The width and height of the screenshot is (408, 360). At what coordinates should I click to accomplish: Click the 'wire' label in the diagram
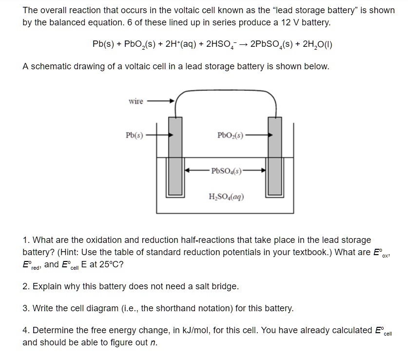tap(136, 101)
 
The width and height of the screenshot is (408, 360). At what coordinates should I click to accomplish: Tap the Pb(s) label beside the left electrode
tap(134, 135)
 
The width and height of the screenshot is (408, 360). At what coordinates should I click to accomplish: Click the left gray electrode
tap(175, 156)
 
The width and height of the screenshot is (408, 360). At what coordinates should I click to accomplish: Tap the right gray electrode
tap(274, 156)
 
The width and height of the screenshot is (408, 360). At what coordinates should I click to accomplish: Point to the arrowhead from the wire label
tap(171, 101)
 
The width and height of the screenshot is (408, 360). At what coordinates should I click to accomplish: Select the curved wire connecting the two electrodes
tap(225, 91)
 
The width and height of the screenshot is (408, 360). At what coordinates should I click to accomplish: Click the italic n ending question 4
tap(155, 342)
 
